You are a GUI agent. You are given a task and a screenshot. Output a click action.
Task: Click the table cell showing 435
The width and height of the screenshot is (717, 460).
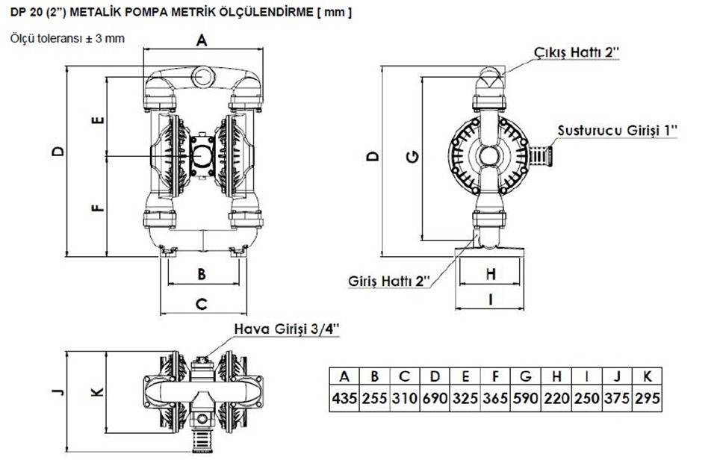click(x=344, y=398)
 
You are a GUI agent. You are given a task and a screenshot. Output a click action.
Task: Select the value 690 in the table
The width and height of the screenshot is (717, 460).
click(x=435, y=398)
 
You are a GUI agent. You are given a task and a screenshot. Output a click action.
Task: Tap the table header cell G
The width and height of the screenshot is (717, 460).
click(x=526, y=376)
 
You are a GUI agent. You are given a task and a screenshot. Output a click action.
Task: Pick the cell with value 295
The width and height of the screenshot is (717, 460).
click(x=647, y=398)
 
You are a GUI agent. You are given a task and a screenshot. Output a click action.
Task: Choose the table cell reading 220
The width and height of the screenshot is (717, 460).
click(x=556, y=398)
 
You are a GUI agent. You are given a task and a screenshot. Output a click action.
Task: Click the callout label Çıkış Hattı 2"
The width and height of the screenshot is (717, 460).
click(x=577, y=52)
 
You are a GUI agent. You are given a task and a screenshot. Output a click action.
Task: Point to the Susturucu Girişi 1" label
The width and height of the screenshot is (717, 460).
click(x=617, y=131)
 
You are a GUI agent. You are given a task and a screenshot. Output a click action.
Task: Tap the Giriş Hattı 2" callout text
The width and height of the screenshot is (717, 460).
click(x=389, y=281)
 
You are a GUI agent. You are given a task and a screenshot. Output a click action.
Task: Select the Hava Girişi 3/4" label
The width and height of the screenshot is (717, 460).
click(x=287, y=329)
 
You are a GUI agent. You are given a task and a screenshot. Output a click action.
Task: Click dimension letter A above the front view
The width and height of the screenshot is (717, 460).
click(x=202, y=40)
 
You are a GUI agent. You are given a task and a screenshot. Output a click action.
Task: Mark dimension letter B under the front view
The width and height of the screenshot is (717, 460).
click(x=202, y=274)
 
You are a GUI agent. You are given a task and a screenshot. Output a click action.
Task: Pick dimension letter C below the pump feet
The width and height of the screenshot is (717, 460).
click(x=202, y=304)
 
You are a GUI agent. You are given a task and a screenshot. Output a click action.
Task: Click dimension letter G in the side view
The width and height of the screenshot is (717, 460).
click(x=413, y=157)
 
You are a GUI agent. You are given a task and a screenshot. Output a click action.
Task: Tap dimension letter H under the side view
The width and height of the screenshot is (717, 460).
click(x=491, y=274)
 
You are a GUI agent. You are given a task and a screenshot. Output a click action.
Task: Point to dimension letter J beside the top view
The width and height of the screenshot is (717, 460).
click(x=58, y=392)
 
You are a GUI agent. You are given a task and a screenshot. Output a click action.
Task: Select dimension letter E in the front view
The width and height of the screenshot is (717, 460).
click(x=99, y=121)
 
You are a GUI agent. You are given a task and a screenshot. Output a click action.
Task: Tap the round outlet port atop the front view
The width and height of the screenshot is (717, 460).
click(x=203, y=77)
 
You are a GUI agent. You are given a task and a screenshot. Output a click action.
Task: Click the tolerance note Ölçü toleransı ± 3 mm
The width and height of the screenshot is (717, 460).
click(x=67, y=38)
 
